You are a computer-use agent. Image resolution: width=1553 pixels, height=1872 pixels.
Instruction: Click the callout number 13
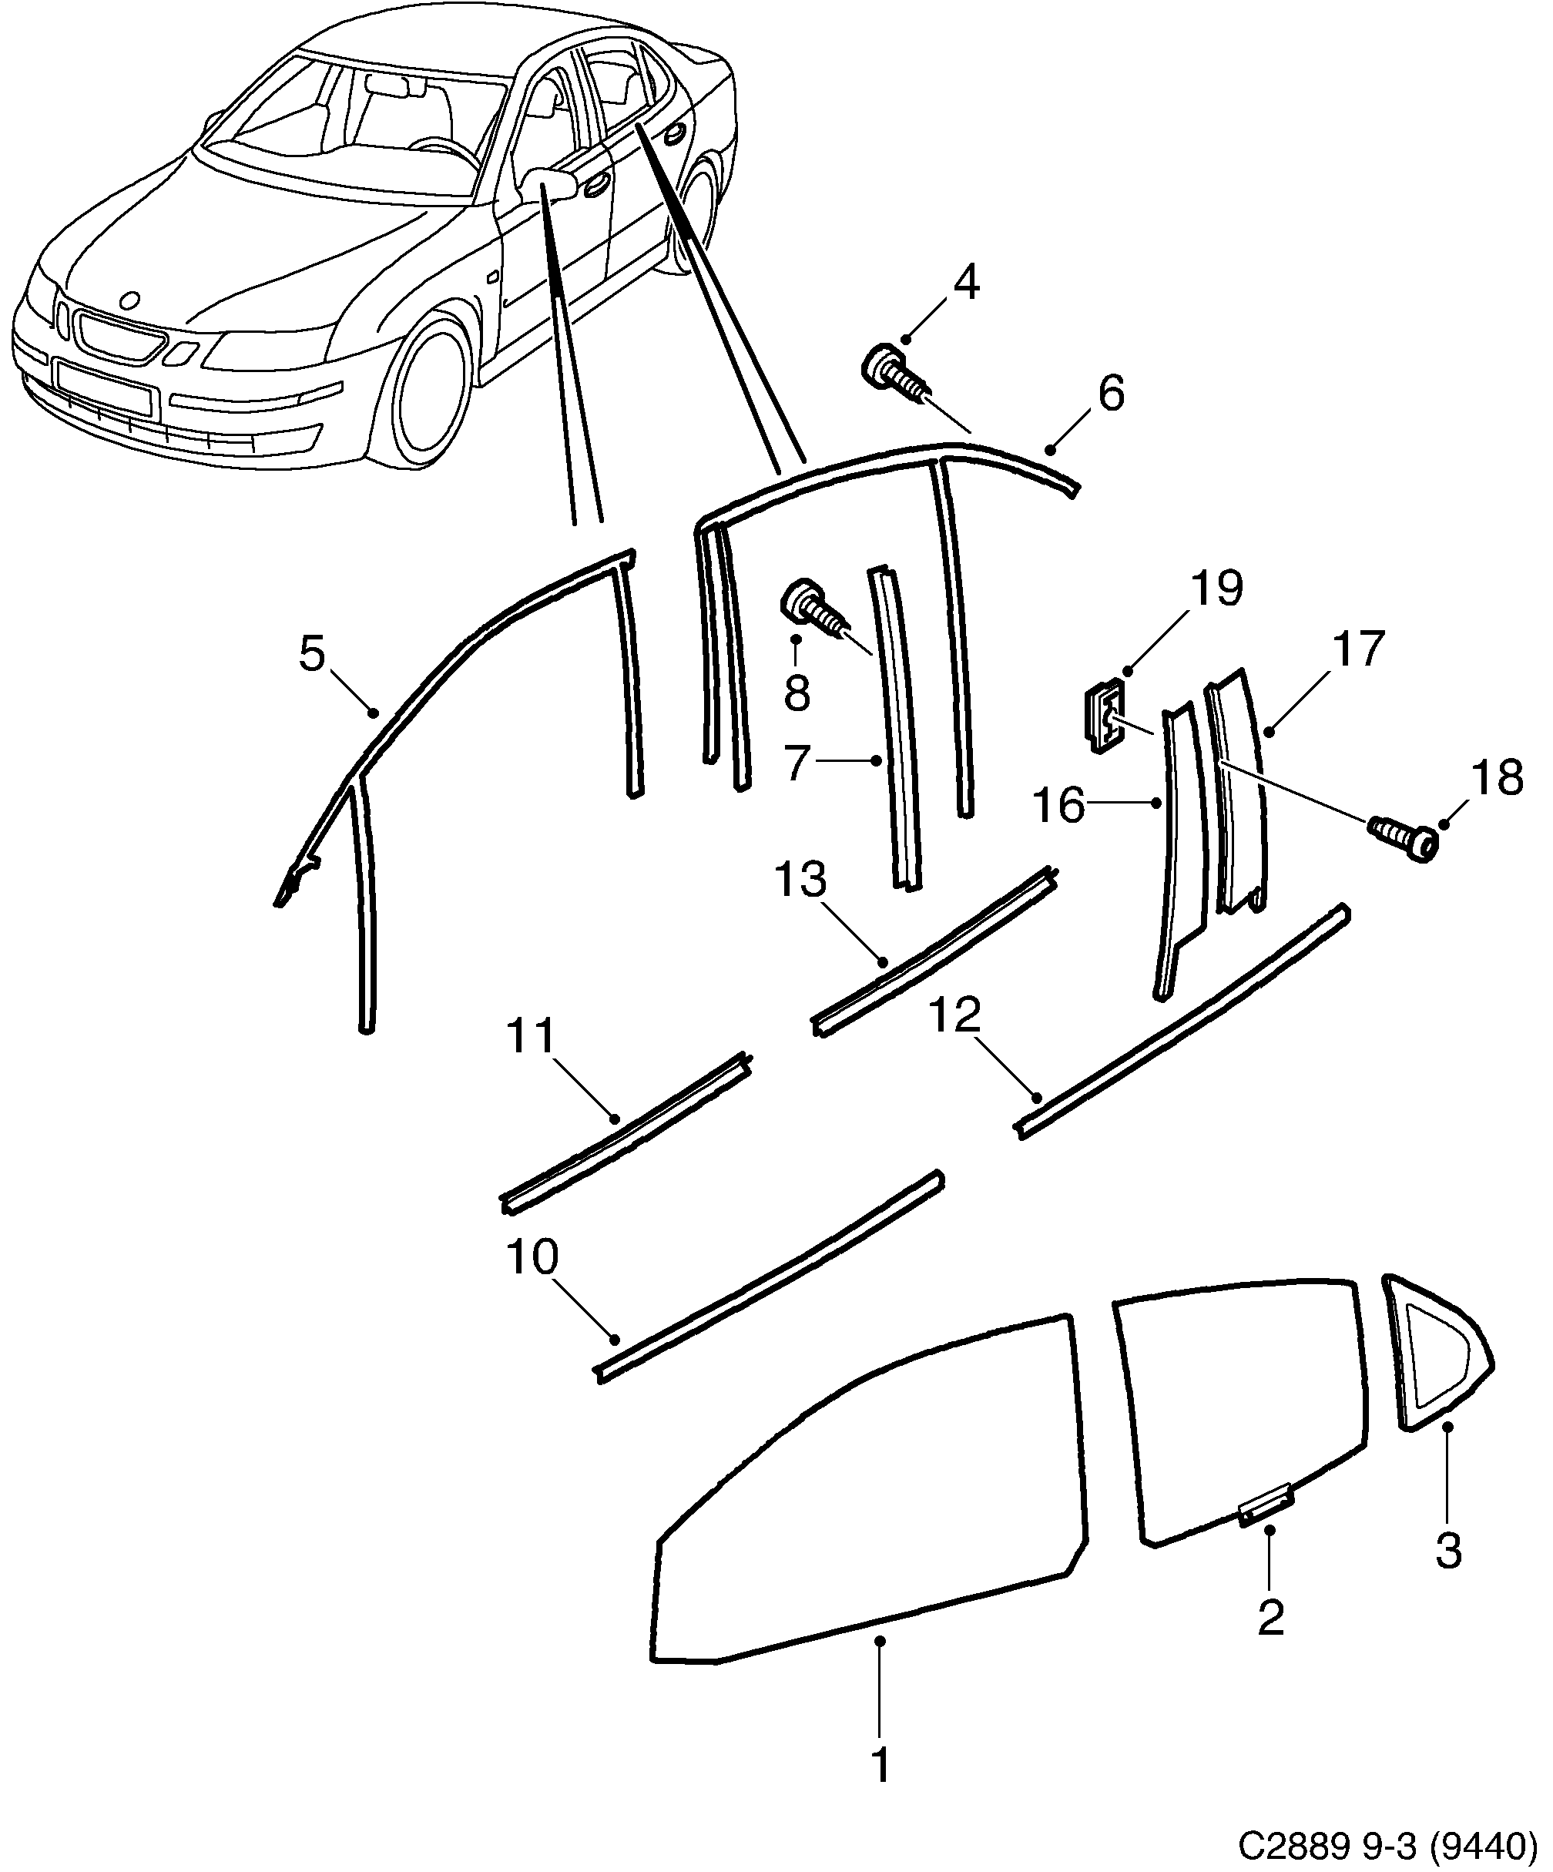click(800, 881)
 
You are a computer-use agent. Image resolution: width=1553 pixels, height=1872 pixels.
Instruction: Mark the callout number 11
click(531, 1037)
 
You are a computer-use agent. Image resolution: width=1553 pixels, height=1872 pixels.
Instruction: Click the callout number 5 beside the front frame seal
click(312, 654)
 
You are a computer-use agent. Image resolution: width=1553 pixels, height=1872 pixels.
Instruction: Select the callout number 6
click(1111, 393)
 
